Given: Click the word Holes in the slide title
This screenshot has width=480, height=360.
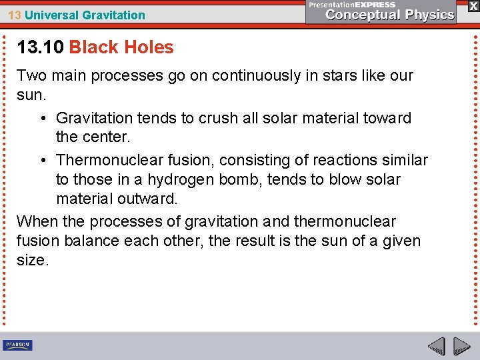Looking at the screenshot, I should [x=151, y=47].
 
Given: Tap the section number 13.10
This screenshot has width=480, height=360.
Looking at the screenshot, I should [x=40, y=47].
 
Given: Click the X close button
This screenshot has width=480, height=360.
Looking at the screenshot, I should [x=473, y=5].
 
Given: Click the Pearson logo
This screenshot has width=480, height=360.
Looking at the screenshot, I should [x=17, y=345].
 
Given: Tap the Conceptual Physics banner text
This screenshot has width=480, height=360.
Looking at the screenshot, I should [x=390, y=15].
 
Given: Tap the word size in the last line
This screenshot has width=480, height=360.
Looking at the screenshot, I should [x=31, y=260].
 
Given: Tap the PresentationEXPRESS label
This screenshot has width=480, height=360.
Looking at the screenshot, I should [x=352, y=4].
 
